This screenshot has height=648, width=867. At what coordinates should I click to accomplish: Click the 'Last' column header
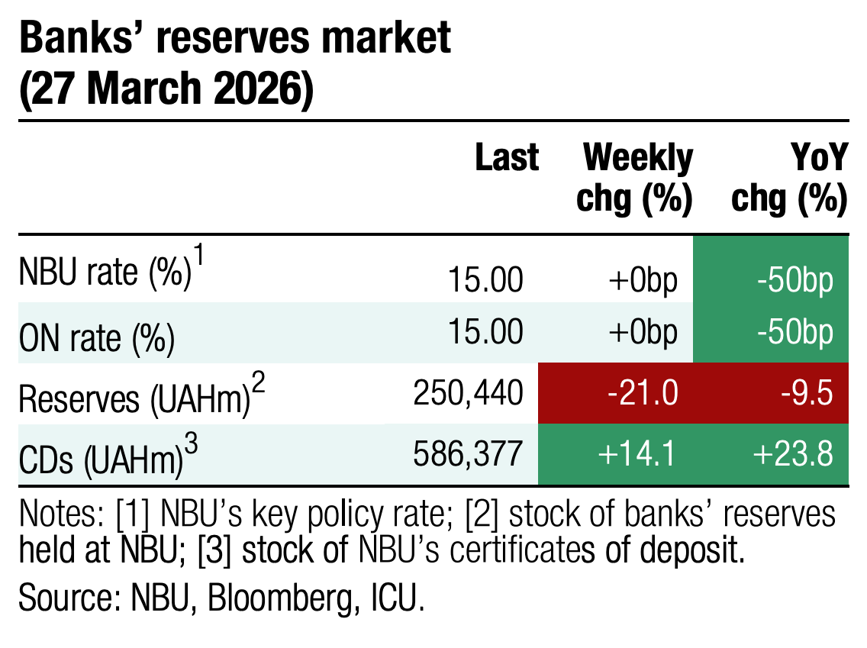(506, 158)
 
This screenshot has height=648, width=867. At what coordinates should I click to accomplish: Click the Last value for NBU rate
(485, 280)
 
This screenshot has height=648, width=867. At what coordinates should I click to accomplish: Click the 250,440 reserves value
(469, 392)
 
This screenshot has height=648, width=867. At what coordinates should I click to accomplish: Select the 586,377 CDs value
(469, 453)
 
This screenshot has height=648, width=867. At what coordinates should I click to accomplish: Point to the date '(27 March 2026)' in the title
(166, 90)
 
